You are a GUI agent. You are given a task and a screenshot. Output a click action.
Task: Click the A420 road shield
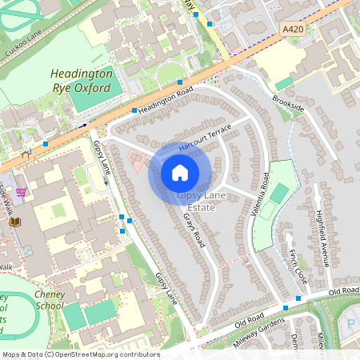click(294, 28)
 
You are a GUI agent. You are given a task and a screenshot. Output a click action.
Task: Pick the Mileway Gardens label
click(259, 330)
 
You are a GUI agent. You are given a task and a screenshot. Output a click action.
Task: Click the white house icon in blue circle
click(180, 173)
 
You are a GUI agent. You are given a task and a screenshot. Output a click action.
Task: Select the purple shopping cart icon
click(21, 192)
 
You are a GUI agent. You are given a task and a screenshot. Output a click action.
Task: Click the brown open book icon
click(15, 222)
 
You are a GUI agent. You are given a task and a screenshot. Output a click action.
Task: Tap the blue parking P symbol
click(353, 323)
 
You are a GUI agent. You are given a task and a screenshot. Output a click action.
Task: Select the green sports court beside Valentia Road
click(279, 193)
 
